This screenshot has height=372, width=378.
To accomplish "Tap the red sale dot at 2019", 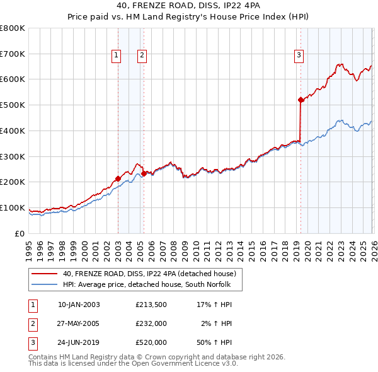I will tap(301, 100).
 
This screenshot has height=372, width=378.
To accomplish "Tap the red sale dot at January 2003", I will tap(118, 178).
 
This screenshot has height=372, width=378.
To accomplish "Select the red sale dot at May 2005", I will tap(144, 173).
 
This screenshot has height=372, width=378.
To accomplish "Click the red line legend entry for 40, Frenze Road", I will tap(149, 274).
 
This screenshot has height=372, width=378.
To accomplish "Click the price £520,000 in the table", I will tap(151, 342).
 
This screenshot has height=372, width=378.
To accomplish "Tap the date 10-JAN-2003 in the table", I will tap(79, 305).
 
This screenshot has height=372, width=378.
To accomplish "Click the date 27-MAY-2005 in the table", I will tap(79, 323).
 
